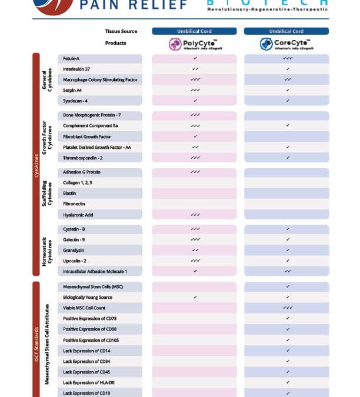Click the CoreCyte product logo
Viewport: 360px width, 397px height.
click(286, 44)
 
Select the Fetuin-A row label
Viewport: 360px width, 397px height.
click(72, 59)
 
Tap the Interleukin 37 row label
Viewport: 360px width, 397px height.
click(77, 69)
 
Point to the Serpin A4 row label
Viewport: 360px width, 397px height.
click(74, 90)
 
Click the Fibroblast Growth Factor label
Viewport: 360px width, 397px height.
click(87, 136)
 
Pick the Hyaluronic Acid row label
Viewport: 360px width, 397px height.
click(78, 215)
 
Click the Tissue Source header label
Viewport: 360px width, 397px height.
click(121, 31)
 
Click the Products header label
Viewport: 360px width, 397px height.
click(115, 43)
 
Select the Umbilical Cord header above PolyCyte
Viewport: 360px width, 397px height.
click(194, 31)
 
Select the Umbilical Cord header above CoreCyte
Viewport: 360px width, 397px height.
click(286, 31)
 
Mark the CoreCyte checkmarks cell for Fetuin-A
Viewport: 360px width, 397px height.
click(288, 59)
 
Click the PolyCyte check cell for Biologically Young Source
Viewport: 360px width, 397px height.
click(195, 297)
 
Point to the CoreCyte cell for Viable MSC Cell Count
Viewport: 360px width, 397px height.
click(288, 308)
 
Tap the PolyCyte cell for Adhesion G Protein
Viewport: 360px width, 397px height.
click(195, 172)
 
